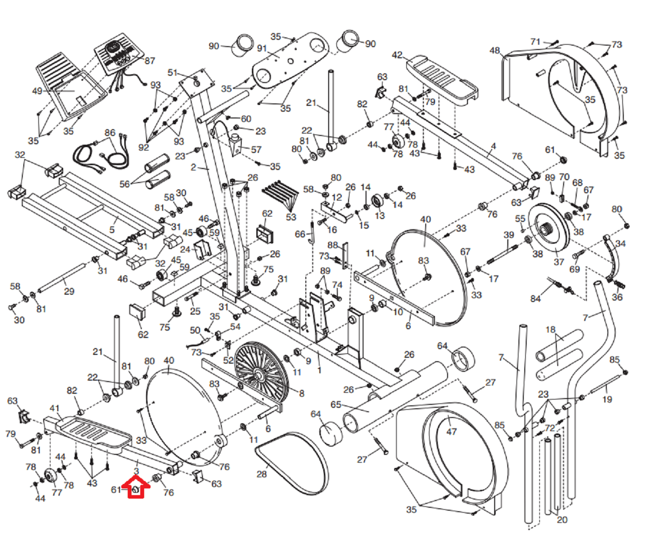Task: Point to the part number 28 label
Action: coord(262,473)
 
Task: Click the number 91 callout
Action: coord(262,49)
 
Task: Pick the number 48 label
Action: coord(495,50)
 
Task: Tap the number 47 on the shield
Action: coord(451,431)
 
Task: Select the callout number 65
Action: coord(336,404)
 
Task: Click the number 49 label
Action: coord(37,91)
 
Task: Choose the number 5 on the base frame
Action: coord(112,229)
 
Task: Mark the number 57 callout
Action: coord(256,150)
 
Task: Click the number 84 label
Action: coord(535,299)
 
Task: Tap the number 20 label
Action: coord(562,519)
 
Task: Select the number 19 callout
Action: coord(607,399)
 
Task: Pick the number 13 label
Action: coord(379,216)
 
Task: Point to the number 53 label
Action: coord(291,217)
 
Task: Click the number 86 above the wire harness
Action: coord(110,133)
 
